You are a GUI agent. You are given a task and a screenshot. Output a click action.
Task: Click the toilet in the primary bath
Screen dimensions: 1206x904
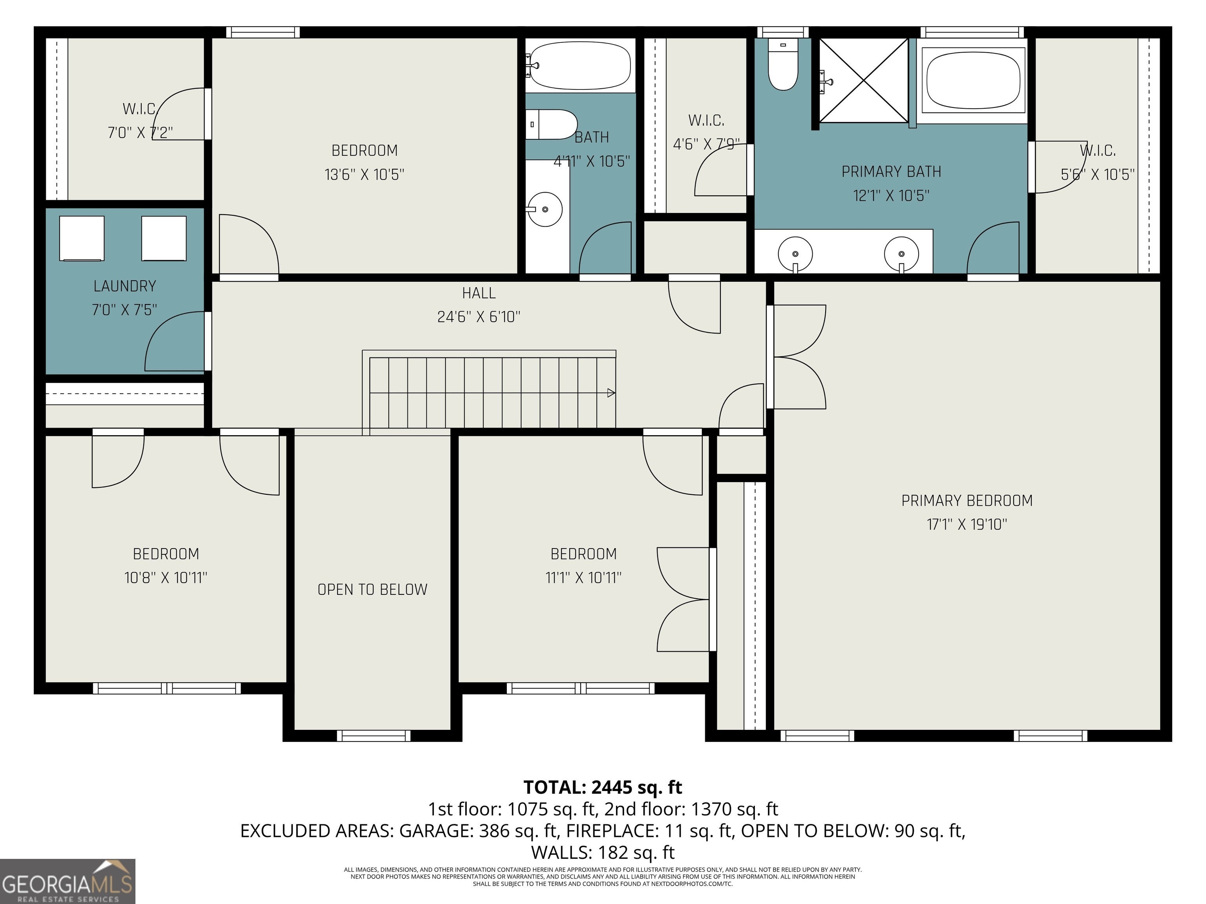click(x=783, y=64)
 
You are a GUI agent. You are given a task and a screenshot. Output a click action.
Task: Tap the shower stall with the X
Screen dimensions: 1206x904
click(x=864, y=80)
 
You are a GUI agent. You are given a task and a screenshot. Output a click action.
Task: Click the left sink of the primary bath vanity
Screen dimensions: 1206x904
click(x=795, y=254)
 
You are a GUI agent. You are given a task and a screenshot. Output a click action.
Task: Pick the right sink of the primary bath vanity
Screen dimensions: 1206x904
click(x=901, y=254)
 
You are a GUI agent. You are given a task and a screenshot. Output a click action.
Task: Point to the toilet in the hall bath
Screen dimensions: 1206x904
click(x=551, y=125)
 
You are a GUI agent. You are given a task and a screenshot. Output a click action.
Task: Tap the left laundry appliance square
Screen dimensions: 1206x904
click(x=82, y=238)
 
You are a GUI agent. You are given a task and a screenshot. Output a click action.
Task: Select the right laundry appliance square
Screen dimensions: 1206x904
click(x=164, y=238)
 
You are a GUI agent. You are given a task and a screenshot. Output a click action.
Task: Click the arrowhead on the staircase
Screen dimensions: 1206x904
click(x=612, y=392)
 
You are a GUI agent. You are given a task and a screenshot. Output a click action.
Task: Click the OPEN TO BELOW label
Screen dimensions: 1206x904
click(x=373, y=590)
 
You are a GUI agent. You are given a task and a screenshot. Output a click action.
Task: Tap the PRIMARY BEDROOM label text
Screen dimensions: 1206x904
click(x=967, y=501)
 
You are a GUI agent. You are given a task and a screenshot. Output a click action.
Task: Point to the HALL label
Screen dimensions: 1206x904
click(x=479, y=293)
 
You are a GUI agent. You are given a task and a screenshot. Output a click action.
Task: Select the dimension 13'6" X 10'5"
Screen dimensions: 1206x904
click(x=364, y=174)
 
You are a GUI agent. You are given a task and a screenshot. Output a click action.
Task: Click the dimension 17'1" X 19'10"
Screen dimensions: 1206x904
click(x=967, y=524)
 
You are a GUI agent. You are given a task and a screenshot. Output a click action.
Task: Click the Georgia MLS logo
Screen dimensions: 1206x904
click(x=68, y=881)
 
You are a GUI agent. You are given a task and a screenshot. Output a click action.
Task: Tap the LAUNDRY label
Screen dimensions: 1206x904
click(x=125, y=286)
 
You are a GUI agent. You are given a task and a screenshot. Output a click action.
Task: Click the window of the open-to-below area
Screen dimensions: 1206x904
click(x=373, y=736)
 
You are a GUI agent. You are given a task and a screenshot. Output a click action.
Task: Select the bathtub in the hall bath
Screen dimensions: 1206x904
click(x=580, y=66)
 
